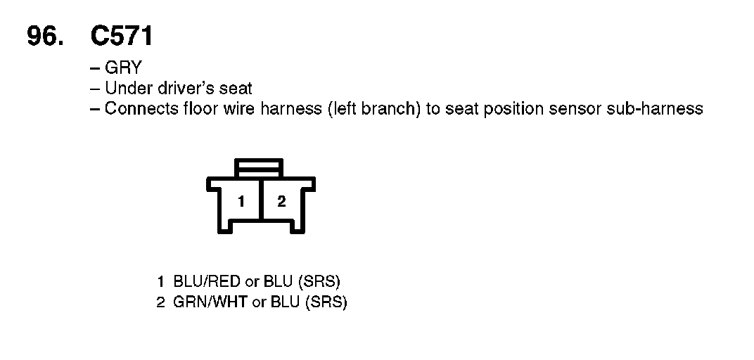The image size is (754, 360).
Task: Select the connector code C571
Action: coord(122,37)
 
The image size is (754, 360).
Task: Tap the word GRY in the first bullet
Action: coord(123,68)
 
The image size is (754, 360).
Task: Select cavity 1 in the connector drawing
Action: coord(241,202)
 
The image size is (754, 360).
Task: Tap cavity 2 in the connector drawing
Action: coord(281,202)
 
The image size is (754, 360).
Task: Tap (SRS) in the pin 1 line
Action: coord(319,283)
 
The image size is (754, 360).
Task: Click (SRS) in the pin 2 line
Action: coord(326,303)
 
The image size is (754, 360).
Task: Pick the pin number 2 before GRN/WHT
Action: coord(160,303)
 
